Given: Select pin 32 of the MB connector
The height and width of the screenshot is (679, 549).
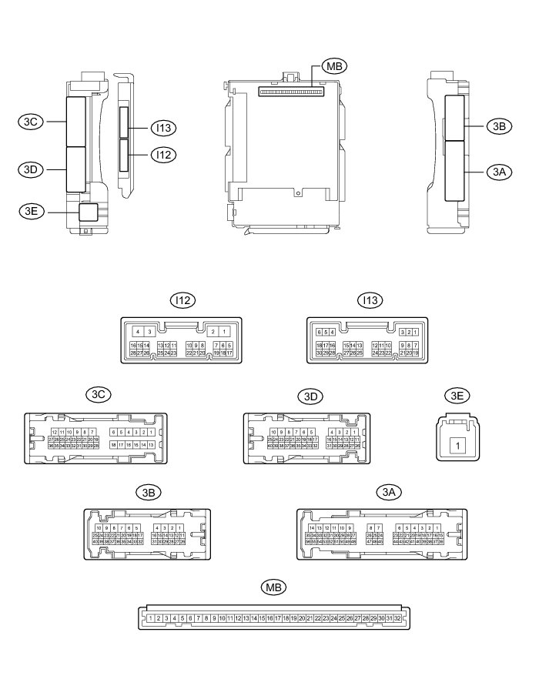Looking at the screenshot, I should [397, 618].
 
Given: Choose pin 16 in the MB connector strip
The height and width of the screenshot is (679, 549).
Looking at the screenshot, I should [269, 618].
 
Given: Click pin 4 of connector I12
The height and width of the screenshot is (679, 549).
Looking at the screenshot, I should [137, 331].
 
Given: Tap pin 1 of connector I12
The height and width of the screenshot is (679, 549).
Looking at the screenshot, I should [223, 331].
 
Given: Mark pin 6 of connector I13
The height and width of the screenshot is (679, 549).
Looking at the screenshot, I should [319, 333].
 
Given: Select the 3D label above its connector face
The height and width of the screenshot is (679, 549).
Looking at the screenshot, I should [310, 396].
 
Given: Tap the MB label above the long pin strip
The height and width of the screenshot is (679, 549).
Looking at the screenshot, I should [273, 587].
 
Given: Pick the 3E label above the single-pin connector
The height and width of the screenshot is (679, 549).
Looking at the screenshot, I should [457, 396].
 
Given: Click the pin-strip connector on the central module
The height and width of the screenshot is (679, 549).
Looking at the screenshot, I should [291, 90].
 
